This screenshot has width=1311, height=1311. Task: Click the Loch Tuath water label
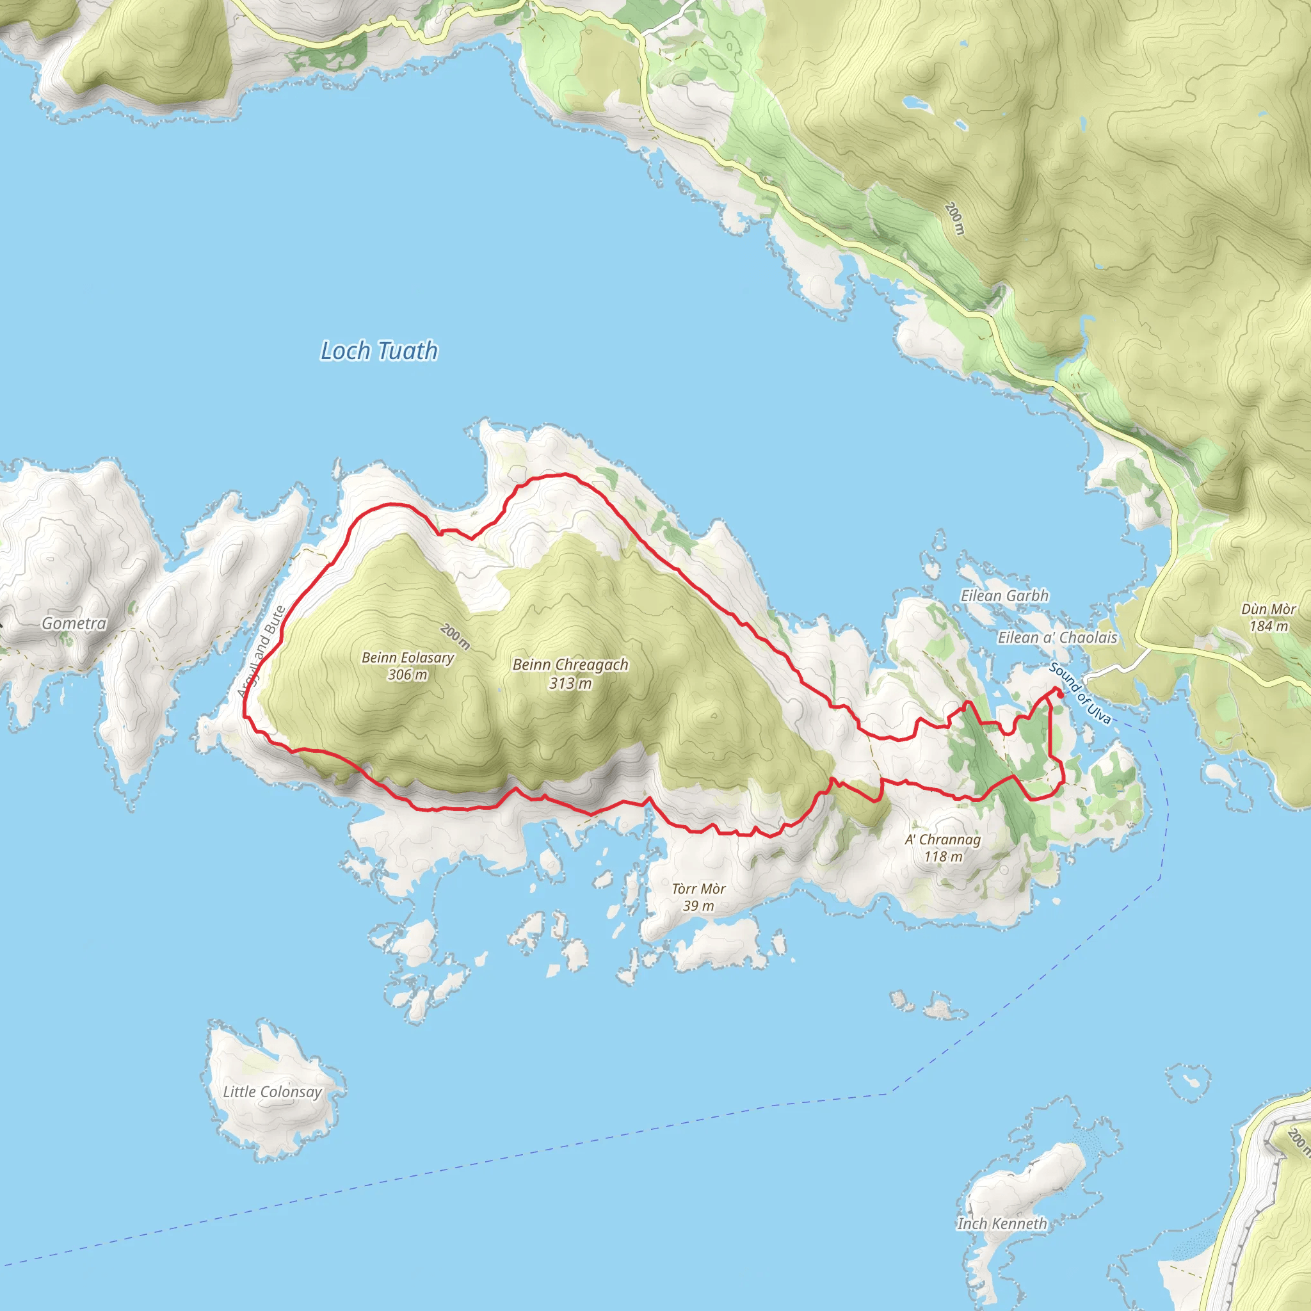click(379, 351)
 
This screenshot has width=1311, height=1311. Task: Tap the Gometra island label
click(74, 623)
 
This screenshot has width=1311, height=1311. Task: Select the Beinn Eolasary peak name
click(407, 657)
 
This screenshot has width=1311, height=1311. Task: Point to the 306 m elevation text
click(407, 675)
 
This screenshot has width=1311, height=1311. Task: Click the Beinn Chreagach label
click(570, 664)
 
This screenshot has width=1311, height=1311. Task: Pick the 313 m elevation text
click(570, 683)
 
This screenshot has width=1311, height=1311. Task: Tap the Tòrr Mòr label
click(698, 889)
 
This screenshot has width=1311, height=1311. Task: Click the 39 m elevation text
click(698, 906)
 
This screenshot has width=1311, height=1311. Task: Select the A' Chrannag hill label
click(942, 839)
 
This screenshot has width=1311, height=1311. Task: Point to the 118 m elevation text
click(942, 857)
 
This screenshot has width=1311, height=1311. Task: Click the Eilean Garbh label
click(1004, 595)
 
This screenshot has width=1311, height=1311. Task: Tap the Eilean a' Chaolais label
click(1056, 637)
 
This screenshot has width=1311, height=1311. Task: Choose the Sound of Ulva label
click(1080, 693)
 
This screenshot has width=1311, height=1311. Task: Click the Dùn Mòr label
click(1268, 609)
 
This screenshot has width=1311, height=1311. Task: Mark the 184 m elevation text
click(1268, 625)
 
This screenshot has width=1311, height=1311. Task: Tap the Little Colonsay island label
click(272, 1091)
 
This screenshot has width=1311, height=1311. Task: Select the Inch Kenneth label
click(1002, 1223)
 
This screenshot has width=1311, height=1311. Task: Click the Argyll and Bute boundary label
click(261, 652)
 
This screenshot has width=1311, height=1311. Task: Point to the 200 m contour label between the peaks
click(454, 636)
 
